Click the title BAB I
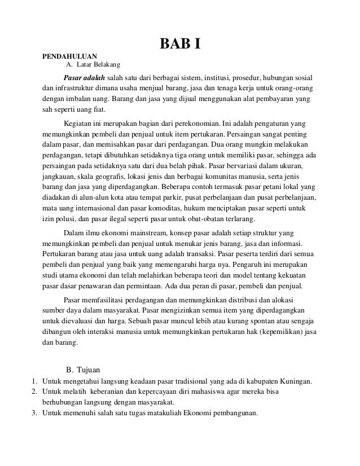click(x=180, y=43)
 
